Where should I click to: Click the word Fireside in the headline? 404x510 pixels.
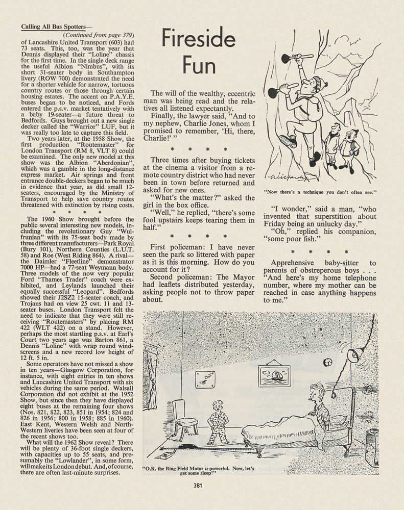pos(199,39)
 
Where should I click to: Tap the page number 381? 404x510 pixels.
pos(200,485)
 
